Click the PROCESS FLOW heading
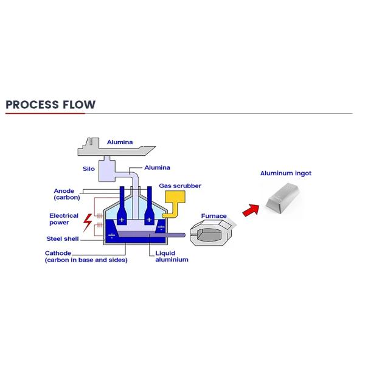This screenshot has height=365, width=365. [50, 104]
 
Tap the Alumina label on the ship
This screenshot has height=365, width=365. [119, 142]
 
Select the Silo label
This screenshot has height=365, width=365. [89, 167]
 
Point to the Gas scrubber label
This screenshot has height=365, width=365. [180, 186]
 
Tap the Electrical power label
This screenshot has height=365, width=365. [64, 219]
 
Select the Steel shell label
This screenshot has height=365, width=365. [63, 238]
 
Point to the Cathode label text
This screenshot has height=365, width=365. [58, 253]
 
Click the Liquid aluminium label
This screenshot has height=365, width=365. [172, 256]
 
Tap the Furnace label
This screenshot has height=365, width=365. [214, 216]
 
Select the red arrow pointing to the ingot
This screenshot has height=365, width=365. [249, 210]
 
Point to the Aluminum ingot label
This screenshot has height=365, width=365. [285, 173]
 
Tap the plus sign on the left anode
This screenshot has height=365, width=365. [122, 219]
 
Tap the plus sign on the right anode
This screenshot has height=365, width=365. [148, 219]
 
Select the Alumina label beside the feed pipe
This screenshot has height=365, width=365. [158, 167]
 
